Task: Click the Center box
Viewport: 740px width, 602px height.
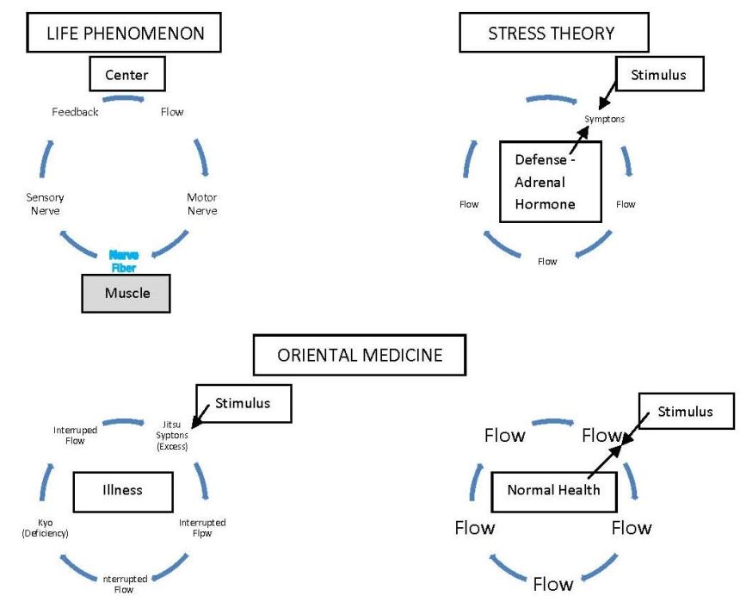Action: [126, 75]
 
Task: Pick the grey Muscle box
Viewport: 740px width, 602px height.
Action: [126, 293]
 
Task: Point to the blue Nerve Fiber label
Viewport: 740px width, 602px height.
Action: [123, 261]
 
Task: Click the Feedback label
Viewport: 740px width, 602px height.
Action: [75, 112]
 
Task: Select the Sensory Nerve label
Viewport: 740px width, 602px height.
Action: [45, 204]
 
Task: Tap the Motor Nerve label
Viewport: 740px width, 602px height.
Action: [202, 204]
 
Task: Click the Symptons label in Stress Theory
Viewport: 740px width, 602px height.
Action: [604, 119]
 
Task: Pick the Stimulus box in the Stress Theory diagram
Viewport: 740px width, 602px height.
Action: [658, 75]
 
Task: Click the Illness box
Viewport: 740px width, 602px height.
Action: [119, 490]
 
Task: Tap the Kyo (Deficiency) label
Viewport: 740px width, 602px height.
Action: [45, 528]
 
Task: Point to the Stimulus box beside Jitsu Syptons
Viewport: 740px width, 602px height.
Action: [243, 402]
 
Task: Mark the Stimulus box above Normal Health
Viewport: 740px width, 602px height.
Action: [685, 412]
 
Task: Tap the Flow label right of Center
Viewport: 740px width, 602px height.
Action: [172, 112]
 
